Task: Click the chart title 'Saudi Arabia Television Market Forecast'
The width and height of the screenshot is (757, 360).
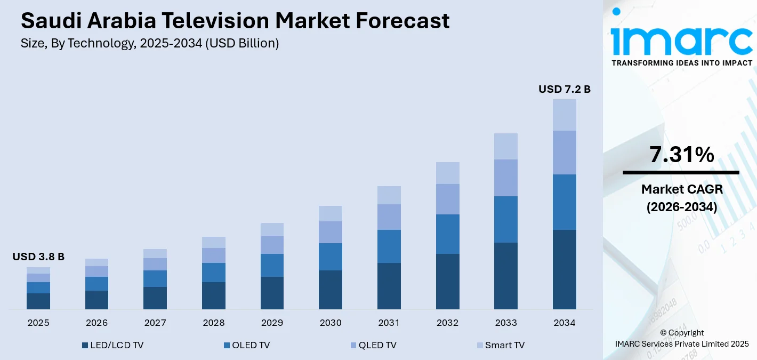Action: (235, 21)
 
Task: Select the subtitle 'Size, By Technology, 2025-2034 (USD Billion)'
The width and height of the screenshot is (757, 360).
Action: (150, 44)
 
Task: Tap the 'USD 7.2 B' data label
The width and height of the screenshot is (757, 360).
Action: (564, 89)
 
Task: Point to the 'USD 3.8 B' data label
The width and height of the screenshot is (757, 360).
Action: (38, 257)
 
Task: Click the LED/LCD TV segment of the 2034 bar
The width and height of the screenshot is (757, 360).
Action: (564, 269)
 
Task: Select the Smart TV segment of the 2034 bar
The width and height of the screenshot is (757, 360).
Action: (564, 115)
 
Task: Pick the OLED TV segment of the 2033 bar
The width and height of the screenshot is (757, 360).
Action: (505, 219)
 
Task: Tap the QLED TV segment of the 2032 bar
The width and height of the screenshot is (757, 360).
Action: (447, 199)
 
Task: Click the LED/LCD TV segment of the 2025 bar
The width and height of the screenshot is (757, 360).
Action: (38, 301)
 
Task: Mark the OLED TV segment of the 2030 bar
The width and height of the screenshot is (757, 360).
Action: (331, 257)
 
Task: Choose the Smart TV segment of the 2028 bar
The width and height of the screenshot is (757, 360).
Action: (214, 242)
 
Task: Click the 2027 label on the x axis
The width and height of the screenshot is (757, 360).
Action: (155, 323)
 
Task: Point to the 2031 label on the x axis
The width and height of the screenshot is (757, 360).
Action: (389, 323)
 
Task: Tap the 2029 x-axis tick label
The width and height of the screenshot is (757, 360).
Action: (272, 323)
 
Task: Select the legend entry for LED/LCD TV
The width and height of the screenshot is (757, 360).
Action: (112, 345)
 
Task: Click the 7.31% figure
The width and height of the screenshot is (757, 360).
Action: (681, 155)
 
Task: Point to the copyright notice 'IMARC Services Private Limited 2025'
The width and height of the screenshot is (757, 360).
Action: (681, 343)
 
